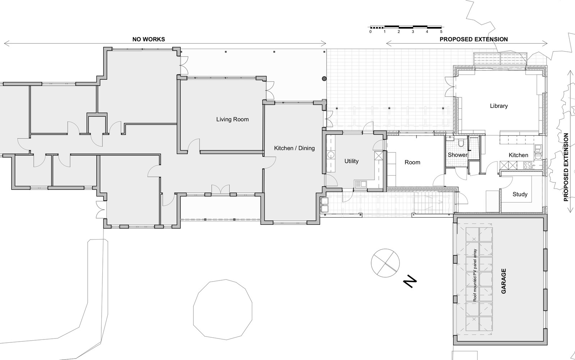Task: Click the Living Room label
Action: coord(232,119)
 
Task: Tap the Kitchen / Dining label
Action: coord(294,148)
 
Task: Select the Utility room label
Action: coord(351,161)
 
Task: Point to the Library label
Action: coord(498,106)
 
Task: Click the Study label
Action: coord(520,194)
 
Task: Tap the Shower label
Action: coord(457,155)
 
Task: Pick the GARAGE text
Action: coord(503,281)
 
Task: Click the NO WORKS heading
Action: coord(149,39)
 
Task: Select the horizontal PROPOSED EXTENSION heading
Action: coord(474,39)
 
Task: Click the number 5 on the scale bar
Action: coord(441,32)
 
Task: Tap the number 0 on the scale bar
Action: coord(371,32)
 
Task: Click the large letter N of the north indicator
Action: coord(410,282)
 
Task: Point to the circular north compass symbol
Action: coord(385,263)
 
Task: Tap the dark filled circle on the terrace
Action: coord(325,79)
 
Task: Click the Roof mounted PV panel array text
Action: coord(475,275)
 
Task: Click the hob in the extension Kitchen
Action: coord(528,165)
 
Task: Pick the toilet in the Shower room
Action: coord(461,143)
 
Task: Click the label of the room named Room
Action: coord(412,163)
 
